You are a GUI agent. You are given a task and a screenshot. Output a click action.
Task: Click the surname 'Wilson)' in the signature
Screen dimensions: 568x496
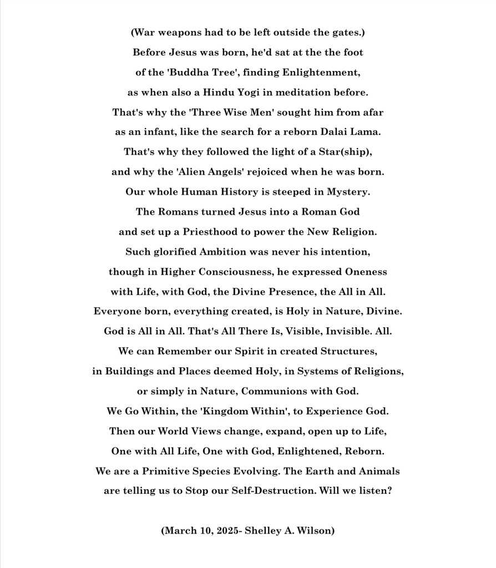(315, 531)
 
